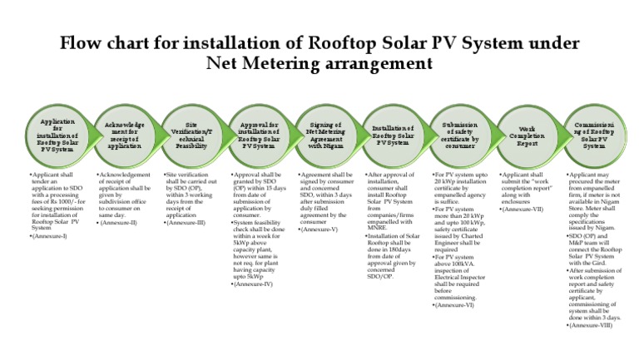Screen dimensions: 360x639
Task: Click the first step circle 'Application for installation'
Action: coord(57,135)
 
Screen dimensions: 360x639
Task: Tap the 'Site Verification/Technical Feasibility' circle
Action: coord(191,135)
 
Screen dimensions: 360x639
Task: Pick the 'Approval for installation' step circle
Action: coord(258,135)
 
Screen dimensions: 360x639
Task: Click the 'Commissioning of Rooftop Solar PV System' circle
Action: coord(593,135)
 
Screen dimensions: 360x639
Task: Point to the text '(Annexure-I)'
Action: coord(49,237)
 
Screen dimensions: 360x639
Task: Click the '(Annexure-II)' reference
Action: coord(119,223)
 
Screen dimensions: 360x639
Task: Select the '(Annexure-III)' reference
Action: coord(186,223)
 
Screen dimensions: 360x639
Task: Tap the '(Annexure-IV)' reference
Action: coord(254,284)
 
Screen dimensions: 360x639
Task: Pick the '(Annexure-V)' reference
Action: coord(320,229)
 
